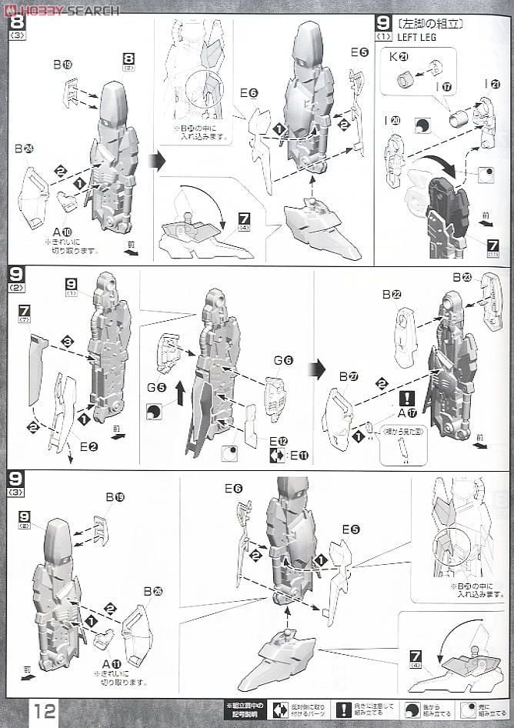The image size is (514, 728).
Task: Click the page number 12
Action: click(44, 710)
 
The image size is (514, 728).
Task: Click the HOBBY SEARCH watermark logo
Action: click(62, 9)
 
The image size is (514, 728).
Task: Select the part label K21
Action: click(405, 57)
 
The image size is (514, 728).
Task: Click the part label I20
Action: click(395, 120)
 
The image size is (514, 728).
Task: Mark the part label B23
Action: click(461, 277)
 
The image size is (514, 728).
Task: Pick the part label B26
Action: click(150, 590)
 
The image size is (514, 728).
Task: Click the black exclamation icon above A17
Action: click(408, 398)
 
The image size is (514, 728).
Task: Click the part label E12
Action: click(284, 440)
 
